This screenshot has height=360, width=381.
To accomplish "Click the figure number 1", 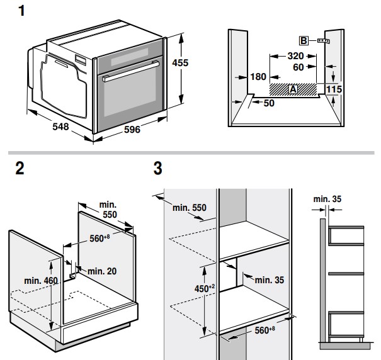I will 23,12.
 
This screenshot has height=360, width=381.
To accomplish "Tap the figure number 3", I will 157,169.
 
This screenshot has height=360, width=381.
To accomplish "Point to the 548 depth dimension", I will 60,127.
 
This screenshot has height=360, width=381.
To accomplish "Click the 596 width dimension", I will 132,130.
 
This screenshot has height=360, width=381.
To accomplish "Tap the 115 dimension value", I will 334,89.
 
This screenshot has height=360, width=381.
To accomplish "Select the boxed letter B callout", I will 303,41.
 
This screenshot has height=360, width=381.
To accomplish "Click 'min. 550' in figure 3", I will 189,208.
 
